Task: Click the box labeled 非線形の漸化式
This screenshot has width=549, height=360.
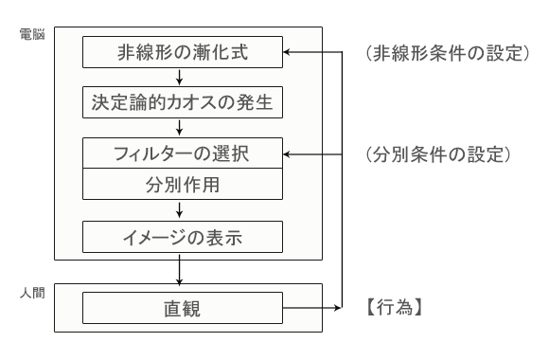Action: click(183, 52)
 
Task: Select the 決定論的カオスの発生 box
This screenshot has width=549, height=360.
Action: click(183, 101)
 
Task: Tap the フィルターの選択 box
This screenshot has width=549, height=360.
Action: click(183, 152)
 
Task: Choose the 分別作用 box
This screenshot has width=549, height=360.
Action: click(183, 184)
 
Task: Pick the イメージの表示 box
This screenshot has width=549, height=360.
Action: click(183, 235)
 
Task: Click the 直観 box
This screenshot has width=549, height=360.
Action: click(183, 308)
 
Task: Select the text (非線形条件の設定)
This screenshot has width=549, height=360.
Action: click(445, 53)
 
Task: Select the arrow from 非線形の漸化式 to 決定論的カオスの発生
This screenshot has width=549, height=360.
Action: click(183, 77)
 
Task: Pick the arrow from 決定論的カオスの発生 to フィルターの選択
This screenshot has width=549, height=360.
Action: click(183, 126)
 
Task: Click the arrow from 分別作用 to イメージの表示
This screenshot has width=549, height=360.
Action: click(183, 209)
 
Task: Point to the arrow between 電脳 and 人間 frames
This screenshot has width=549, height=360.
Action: click(183, 272)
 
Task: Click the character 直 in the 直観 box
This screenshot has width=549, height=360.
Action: click(172, 308)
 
